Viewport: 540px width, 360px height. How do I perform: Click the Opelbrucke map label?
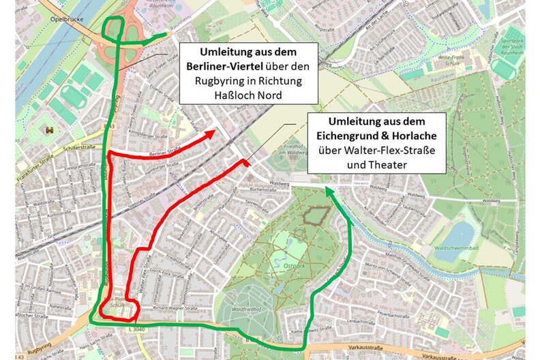65,19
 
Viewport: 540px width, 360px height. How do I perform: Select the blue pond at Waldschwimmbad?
464,234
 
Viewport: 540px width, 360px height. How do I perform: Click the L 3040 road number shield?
136,328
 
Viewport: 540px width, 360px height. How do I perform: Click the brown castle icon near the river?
48,130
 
